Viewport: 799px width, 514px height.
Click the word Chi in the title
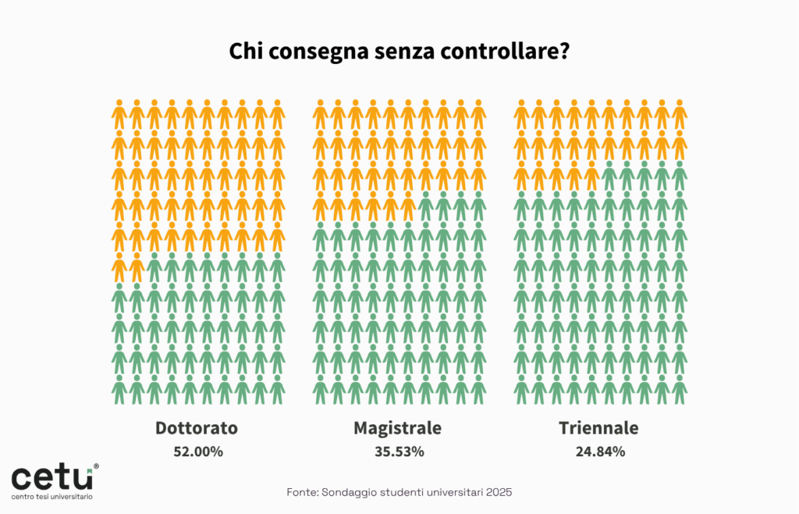[246, 52]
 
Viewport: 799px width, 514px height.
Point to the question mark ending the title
[563, 52]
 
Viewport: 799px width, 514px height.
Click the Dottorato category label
[197, 428]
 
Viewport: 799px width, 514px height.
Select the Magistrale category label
[398, 428]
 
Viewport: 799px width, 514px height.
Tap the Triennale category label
[598, 428]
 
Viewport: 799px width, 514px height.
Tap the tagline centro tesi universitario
[51, 497]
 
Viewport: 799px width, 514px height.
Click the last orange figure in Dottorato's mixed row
[137, 267]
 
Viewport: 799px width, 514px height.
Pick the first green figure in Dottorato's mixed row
[154, 267]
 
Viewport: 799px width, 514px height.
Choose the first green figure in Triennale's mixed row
[609, 176]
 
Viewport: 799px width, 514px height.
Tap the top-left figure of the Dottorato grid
[119, 115]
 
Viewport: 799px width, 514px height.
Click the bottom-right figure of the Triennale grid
[680, 389]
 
